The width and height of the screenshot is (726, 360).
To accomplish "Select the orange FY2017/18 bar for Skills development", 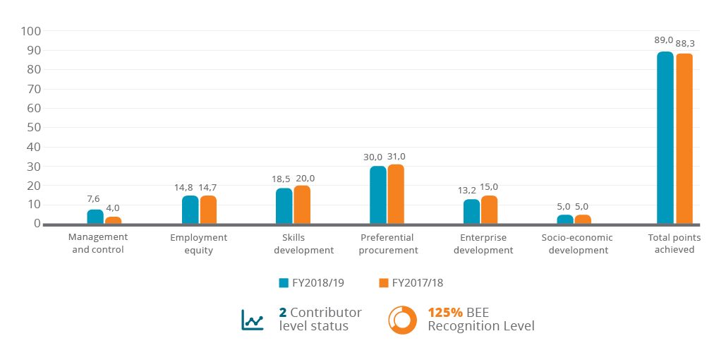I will pos(301,205).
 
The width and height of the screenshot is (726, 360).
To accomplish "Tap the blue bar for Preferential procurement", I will pos(378,195).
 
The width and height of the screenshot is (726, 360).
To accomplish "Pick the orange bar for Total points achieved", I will pos(684,138).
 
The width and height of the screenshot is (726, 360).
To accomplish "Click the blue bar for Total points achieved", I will pos(665,138).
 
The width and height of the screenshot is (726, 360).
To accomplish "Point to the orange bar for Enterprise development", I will pos(490,210).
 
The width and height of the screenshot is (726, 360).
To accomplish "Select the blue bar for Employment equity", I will pos(190,210).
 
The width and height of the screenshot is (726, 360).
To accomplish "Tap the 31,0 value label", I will pos(396,157).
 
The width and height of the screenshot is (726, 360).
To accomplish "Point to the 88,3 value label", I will pos(684,44).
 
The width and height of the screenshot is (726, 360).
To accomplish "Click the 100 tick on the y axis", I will pos(32,31).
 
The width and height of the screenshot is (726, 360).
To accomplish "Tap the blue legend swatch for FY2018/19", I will pos(284,283).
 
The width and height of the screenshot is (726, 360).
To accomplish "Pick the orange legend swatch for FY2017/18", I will pos(384,283).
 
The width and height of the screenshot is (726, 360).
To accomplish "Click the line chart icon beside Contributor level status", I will pos(252,320).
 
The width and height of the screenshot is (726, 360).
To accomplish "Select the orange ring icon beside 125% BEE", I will pos(402,320).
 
